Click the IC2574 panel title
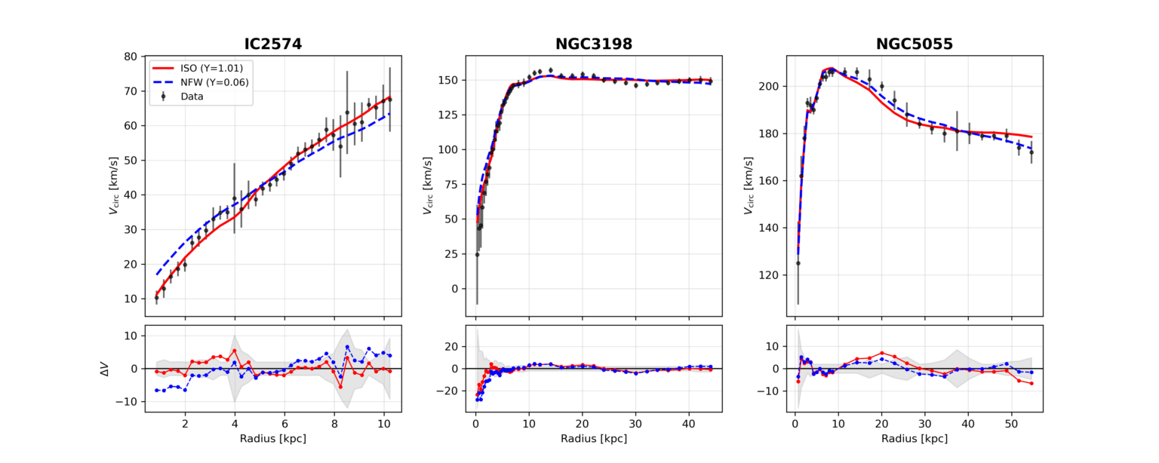[x=273, y=44]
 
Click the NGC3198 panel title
[x=594, y=44]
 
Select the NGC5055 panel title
[x=915, y=44]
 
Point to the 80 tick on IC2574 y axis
[x=131, y=57]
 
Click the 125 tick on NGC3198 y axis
[x=450, y=115]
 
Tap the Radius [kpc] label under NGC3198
[x=594, y=439]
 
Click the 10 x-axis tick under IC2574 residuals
[x=384, y=424]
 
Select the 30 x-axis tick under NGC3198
[x=635, y=424]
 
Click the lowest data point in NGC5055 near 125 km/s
[x=798, y=262]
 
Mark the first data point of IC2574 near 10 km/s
[x=156, y=299]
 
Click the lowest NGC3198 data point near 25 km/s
[x=477, y=254]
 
